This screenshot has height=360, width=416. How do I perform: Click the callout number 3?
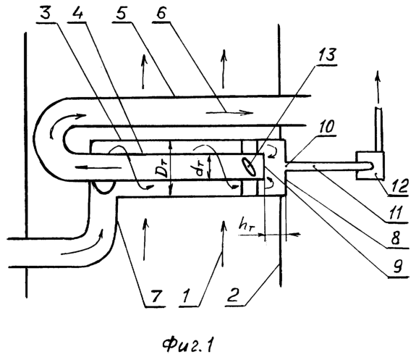coord(46,13)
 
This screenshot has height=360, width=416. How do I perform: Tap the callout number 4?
coord(77,13)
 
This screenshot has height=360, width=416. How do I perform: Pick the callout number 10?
coord(326,127)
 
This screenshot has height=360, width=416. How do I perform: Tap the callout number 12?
coord(398,185)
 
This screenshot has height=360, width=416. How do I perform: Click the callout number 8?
coord(394,238)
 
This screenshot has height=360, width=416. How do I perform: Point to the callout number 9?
coord(397,267)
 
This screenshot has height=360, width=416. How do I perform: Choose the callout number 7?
coord(156,296)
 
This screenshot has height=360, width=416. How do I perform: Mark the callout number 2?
coord(233,296)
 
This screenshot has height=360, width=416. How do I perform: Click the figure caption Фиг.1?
coord(187,345)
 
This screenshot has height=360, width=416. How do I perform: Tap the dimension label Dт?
coord(163,170)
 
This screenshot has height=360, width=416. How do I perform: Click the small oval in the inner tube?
coord(250,167)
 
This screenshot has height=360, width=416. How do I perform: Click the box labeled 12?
coord(370,165)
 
